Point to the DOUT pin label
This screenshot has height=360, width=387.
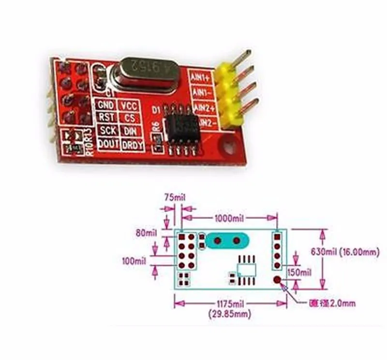105,143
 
